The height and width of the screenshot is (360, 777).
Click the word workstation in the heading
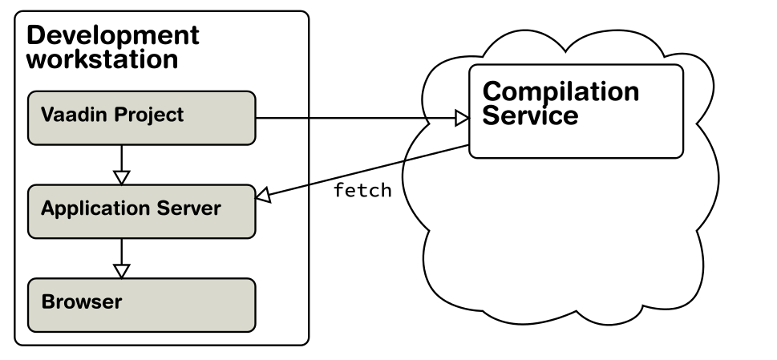click(x=103, y=59)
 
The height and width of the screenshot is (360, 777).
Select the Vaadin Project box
click(x=142, y=118)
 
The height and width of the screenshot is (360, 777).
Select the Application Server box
click(x=142, y=212)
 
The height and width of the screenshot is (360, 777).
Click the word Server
click(x=189, y=208)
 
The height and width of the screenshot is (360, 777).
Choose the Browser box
click(x=142, y=305)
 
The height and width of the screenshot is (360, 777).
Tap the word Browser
click(x=82, y=301)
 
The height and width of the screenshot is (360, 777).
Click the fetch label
click(x=362, y=190)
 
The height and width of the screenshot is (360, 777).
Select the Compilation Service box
click(x=577, y=111)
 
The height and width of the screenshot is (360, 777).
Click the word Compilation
click(x=561, y=92)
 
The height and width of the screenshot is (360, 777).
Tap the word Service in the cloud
click(x=530, y=115)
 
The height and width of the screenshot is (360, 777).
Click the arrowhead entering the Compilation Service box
click(x=462, y=119)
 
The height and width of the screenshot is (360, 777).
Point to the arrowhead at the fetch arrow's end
click(x=263, y=196)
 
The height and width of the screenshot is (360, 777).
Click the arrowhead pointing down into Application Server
click(x=121, y=177)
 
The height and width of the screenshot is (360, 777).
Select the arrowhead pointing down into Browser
click(x=121, y=271)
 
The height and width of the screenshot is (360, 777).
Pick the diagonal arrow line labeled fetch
click(x=362, y=172)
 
